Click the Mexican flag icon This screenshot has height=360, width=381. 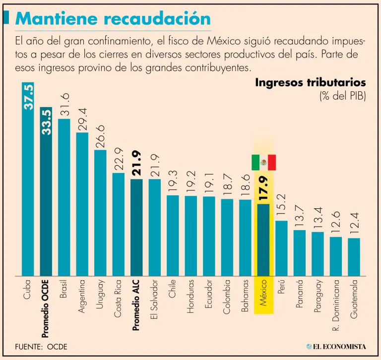click(263, 162)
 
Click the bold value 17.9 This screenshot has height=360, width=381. click(263, 188)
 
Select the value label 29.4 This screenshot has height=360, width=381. click(82, 119)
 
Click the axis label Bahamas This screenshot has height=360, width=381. click(245, 296)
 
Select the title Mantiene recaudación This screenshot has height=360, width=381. click(113, 18)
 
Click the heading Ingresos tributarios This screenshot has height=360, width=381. click(311, 82)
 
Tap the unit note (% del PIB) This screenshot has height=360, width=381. click(343, 96)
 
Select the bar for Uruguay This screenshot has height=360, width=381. click(100, 213)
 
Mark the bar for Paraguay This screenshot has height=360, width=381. click(317, 254)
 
